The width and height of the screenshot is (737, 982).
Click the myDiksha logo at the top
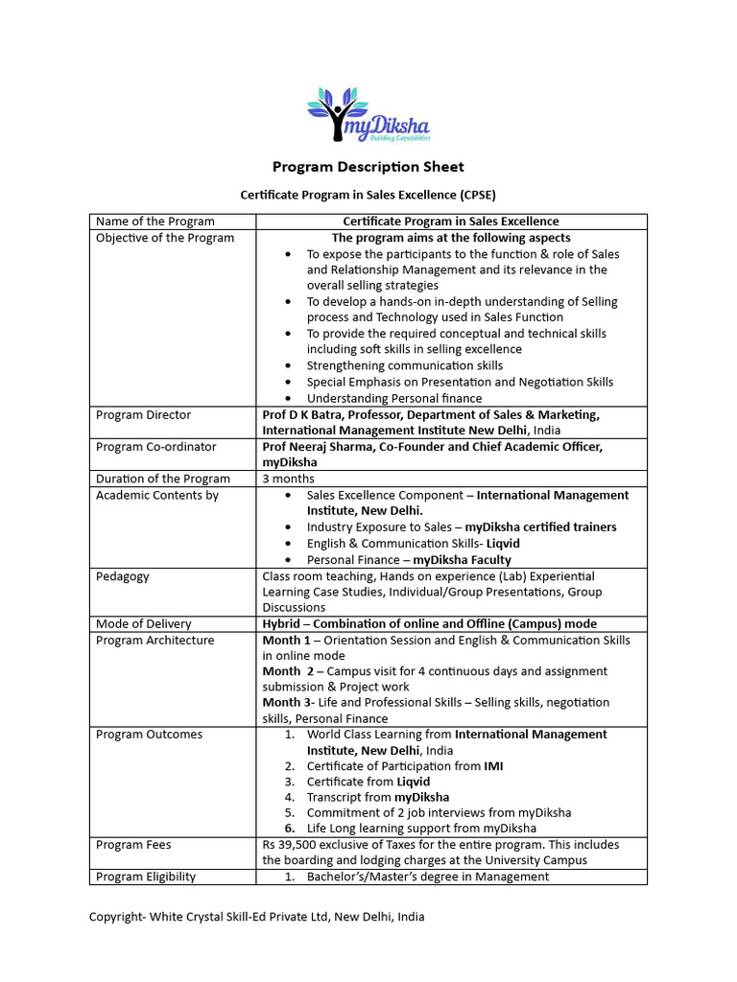pyautogui.click(x=368, y=114)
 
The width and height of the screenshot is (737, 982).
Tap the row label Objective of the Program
pyautogui.click(x=165, y=238)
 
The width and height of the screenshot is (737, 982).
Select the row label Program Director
pyautogui.click(x=144, y=415)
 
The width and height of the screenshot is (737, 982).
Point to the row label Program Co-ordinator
pyautogui.click(x=156, y=447)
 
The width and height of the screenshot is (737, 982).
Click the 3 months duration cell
pyautogui.click(x=288, y=479)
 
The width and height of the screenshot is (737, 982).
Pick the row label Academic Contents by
pyautogui.click(x=157, y=495)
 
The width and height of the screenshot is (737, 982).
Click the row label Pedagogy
pyautogui.click(x=123, y=576)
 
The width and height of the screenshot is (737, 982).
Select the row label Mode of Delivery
pyautogui.click(x=144, y=623)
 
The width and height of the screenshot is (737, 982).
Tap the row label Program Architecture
pyautogui.click(x=155, y=640)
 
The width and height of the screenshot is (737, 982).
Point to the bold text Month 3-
pyautogui.click(x=287, y=703)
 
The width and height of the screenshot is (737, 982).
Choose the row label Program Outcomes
pyautogui.click(x=150, y=735)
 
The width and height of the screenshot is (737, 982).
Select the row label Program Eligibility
pyautogui.click(x=146, y=877)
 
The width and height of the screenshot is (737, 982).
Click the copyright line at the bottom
pyautogui.click(x=256, y=917)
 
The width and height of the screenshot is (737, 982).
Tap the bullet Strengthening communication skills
pyautogui.click(x=404, y=366)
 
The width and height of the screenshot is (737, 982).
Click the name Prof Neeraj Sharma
pyautogui.click(x=320, y=447)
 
